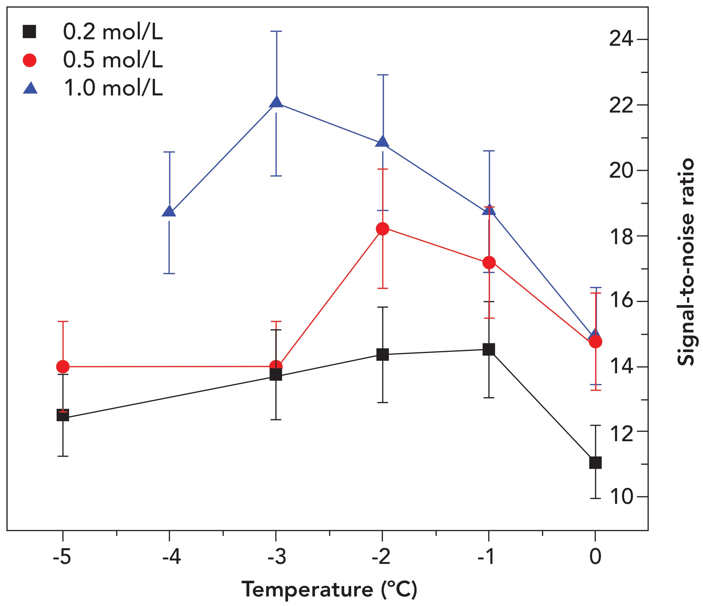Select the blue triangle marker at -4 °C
[x=169, y=212]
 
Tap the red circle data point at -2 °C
[x=383, y=229]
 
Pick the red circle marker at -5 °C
[x=63, y=366]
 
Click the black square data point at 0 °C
[x=595, y=463]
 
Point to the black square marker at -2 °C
[x=383, y=355]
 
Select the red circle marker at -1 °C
[x=489, y=262]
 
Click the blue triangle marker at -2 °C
[x=383, y=142]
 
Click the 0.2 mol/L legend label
[x=113, y=33]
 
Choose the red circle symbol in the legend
[x=29, y=60]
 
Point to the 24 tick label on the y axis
[x=621, y=39]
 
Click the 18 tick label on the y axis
[x=621, y=236]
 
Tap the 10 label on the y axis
[x=621, y=497]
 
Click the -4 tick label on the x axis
[x=171, y=557]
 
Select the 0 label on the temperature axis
[x=595, y=557]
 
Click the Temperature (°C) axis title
[x=329, y=589]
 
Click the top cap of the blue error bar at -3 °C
[x=276, y=31]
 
